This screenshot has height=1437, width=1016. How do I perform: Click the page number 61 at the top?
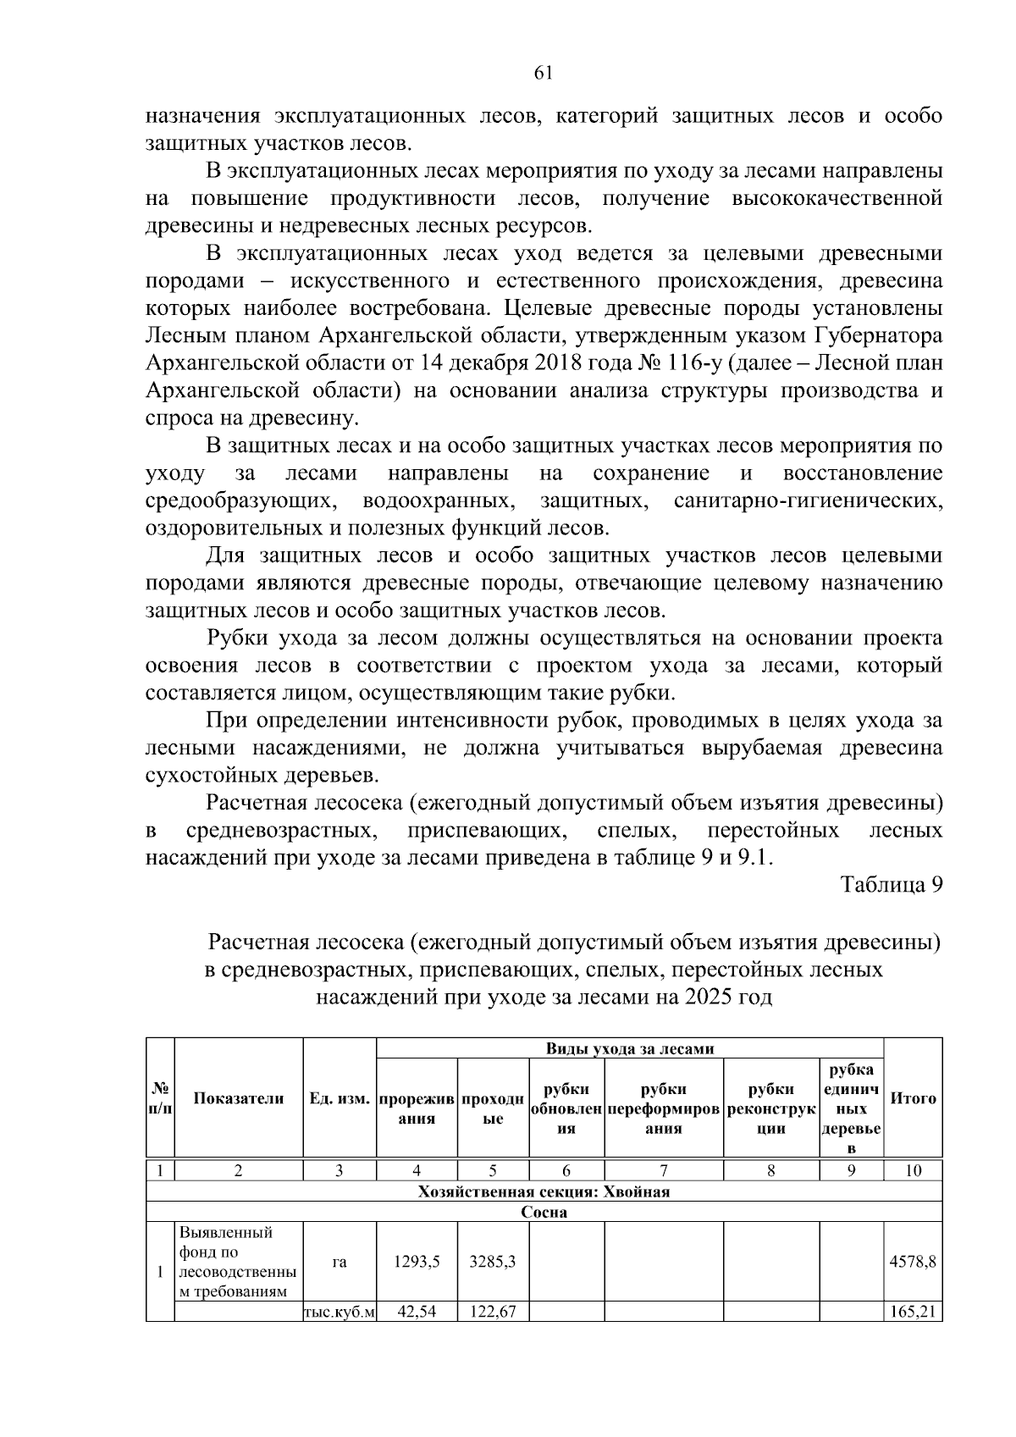(x=544, y=74)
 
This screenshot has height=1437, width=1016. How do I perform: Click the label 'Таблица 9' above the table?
(x=891, y=885)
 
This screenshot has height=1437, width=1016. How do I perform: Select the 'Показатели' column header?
(x=239, y=1098)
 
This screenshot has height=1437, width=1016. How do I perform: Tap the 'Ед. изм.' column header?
(x=340, y=1098)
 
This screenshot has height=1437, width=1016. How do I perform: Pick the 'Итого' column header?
(x=913, y=1098)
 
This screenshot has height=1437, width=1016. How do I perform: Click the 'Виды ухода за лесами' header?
(x=630, y=1048)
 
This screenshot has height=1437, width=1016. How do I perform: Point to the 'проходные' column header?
(x=493, y=1108)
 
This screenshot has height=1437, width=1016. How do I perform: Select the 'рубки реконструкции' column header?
(x=770, y=1108)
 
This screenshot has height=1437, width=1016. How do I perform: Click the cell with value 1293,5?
(x=417, y=1262)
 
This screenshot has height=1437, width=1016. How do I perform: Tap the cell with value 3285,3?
(x=493, y=1262)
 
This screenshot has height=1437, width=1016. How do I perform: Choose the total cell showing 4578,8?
(x=912, y=1262)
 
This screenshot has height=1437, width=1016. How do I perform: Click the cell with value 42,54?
(x=417, y=1313)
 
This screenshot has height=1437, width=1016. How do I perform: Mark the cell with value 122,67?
(x=493, y=1313)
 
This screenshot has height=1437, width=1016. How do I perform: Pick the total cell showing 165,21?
(x=912, y=1313)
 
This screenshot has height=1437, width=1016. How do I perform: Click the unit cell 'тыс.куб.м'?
(x=340, y=1313)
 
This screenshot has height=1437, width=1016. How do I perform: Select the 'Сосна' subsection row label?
(x=544, y=1213)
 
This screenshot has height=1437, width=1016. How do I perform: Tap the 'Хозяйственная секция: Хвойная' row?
(x=544, y=1192)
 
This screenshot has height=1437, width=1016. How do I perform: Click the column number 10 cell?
(x=913, y=1171)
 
